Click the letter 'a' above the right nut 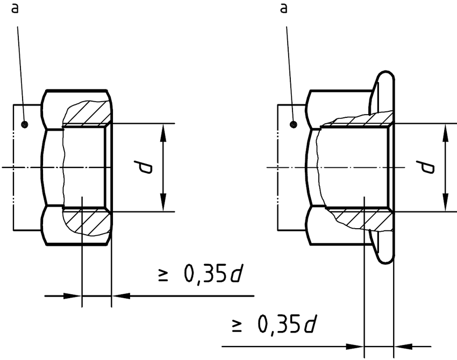point(284,9)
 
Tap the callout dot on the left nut point(24,125)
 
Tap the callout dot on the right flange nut point(294,125)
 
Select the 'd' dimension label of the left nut point(144,168)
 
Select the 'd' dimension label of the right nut point(427,167)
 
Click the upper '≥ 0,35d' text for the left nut point(199,274)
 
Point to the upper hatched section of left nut point(89,113)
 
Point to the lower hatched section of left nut point(89,221)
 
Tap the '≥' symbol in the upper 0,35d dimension point(162,276)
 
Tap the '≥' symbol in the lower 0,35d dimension point(236,326)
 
